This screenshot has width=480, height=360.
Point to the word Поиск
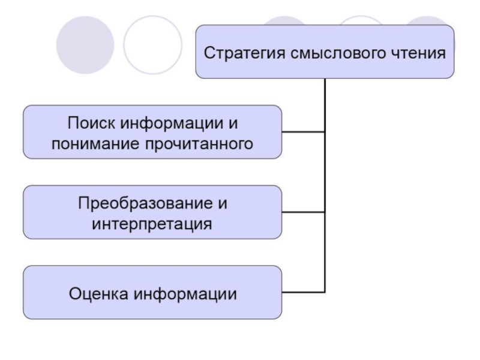[90, 124]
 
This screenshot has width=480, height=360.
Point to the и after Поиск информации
[233, 124]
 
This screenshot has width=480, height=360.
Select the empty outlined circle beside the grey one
[152, 44]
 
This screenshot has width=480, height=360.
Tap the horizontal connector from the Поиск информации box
[303, 131]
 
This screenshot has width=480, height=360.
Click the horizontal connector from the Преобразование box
[303, 212]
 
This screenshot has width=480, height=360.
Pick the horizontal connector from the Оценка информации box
[303, 292]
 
